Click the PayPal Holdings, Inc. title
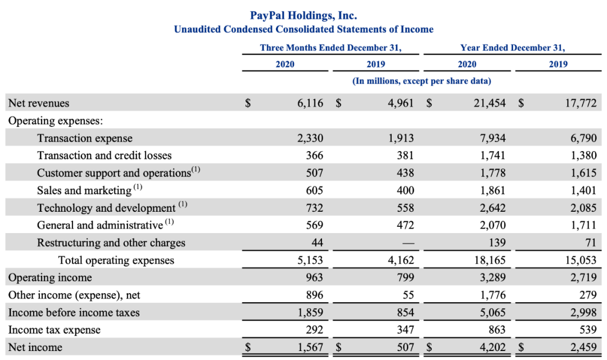pos(303,15)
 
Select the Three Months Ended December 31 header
pos(330,48)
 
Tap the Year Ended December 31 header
pos(513,48)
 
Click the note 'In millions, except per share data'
pos(422,81)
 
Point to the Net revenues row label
pos(39,103)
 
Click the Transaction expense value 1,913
pos(401,138)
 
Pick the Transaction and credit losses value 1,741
pos(493,156)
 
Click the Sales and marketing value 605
pos(314,190)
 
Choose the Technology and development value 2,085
pos(583,208)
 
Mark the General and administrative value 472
pos(405,225)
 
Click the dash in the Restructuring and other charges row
pos(406,243)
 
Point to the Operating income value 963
pos(314,277)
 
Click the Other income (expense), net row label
pos(74,295)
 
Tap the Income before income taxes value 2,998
pos(583,312)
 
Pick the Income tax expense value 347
pos(405,330)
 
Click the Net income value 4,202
pos(493,347)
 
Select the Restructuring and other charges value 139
pos(497,243)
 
